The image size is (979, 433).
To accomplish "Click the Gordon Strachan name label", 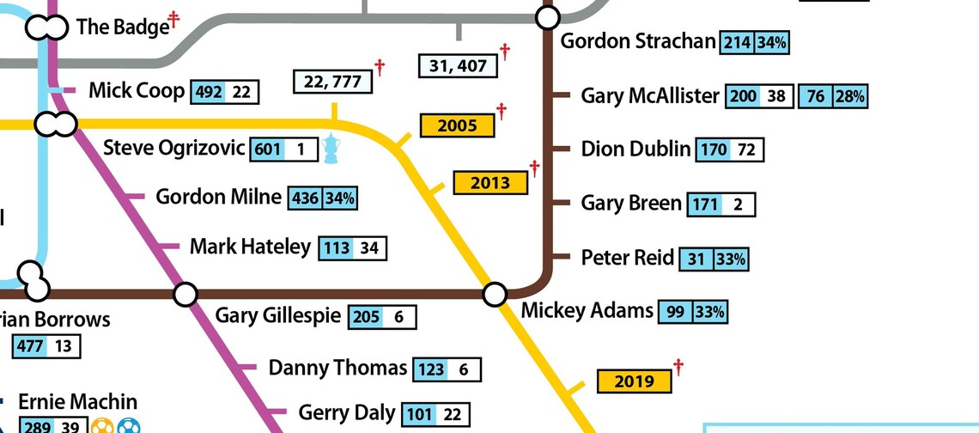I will coord(638,41).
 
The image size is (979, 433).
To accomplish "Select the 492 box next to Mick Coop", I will coord(209,92).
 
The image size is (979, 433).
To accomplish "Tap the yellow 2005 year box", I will coord(457,125).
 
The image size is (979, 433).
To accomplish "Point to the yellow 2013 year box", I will coord(489,182).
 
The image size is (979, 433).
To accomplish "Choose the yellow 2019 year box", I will coord(635,381).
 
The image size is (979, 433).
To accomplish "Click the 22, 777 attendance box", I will coord(332,82).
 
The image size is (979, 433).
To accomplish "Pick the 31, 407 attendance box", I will coord(457,65).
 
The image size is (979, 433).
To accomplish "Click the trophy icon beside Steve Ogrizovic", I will coord(332,149).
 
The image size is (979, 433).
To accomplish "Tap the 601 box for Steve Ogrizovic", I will coord(267,149).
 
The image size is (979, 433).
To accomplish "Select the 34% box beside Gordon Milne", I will coord(340,198).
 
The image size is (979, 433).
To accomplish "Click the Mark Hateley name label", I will coord(250,247).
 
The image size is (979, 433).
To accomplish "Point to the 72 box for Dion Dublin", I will coord(746,150).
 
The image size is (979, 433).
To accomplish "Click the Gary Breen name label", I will coord(631,204).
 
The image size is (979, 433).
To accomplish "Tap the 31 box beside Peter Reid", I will coord(696,259).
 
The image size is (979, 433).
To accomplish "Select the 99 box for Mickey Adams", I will coord(675,312).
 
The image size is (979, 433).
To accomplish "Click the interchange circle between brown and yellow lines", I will coord(495,295).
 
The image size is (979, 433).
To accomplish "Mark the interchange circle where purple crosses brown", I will coord(185,295).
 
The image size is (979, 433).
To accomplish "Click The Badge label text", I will coord(123,27).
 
